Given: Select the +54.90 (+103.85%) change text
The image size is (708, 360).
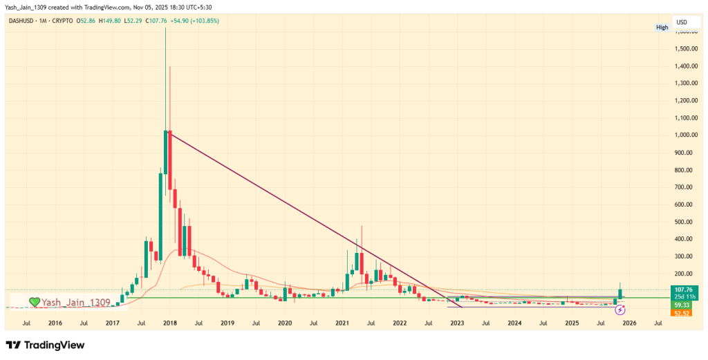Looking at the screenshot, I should coord(196,21).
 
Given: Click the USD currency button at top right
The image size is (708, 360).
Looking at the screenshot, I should coord(681,21).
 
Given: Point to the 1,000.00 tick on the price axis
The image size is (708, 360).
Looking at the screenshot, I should coord(687,135).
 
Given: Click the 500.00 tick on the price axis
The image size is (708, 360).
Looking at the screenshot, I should coord(687,222).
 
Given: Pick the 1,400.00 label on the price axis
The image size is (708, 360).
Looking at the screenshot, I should coord(687,66).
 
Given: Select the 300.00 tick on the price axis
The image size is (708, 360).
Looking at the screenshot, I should coord(687,256).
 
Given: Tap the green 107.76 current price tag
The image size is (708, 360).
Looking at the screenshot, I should coord(687,290).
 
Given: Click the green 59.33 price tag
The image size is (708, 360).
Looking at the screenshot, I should coord(687,305).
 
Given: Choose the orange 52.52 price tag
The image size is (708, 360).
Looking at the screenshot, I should coord(687,313).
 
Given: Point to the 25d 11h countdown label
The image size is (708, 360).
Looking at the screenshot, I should coord(687,297).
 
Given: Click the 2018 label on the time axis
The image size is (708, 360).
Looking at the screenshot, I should coord(169,323).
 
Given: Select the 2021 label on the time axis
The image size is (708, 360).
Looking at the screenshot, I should coord(342,323).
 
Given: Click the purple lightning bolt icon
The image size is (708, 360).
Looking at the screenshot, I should coord(620,310).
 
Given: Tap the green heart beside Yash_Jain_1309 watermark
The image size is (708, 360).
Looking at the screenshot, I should coord(35,302).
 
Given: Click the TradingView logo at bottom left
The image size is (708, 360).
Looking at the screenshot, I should coord(45,345).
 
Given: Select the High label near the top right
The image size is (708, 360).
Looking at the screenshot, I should coord(662,27).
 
